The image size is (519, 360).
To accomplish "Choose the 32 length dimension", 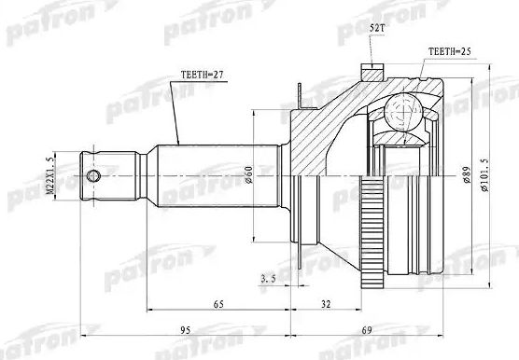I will coord(324,305).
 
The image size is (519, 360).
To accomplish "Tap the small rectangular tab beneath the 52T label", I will coord(372,68).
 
